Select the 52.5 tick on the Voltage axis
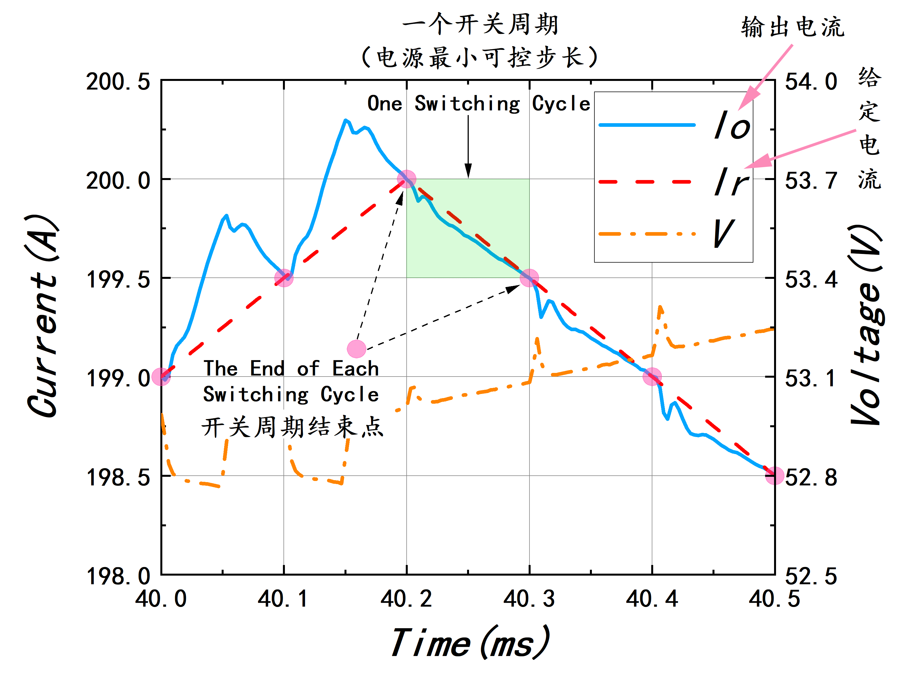click(x=811, y=576)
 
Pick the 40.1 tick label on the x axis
click(x=283, y=599)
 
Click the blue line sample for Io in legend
click(x=647, y=125)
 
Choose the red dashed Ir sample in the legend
click(x=647, y=181)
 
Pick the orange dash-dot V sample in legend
click(x=647, y=234)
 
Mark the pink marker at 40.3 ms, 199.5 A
click(x=529, y=278)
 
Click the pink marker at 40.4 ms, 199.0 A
click(x=652, y=377)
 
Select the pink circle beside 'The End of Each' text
click(x=357, y=349)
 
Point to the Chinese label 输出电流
click(x=793, y=27)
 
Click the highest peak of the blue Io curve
click(x=346, y=120)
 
